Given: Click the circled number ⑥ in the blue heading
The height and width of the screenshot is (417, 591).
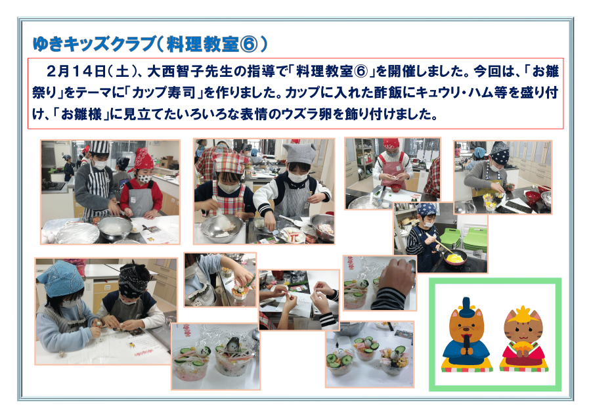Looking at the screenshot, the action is tap(248, 45).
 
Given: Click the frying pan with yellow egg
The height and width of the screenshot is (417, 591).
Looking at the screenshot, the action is tap(455, 259).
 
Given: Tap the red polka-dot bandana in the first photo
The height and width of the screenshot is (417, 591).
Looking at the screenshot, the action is tap(143, 160).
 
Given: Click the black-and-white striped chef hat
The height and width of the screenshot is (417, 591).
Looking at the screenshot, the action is tap(99, 147).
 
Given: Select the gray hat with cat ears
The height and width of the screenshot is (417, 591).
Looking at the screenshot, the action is tap(299, 153).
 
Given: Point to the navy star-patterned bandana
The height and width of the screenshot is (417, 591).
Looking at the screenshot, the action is tap(500, 154).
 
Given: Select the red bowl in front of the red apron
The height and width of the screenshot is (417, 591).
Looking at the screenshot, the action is tap(395, 188).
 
